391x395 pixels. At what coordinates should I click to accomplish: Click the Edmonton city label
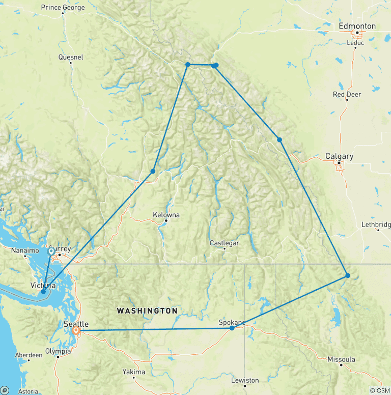[x=357, y=26]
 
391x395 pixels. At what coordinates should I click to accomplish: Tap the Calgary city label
[x=339, y=156]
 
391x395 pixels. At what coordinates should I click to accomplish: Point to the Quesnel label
[x=71, y=58]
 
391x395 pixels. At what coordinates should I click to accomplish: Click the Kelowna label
[x=166, y=215]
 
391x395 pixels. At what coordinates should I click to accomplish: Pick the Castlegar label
[x=225, y=243]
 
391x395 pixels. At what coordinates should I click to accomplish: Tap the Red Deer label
[x=347, y=94]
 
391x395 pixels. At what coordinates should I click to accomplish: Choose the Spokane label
[x=232, y=322]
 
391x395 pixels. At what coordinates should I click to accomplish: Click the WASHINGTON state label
[x=147, y=311]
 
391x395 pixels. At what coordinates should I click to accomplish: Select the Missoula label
[x=341, y=359]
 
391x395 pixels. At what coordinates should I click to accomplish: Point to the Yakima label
[x=134, y=372]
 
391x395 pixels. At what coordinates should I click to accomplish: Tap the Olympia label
[x=58, y=351]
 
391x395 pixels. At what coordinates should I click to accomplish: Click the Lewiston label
[x=245, y=380]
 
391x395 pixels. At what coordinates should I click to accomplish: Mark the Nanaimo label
[x=24, y=250]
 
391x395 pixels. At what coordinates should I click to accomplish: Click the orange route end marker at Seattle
[x=76, y=330]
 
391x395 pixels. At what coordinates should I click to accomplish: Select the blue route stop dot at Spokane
[x=232, y=328]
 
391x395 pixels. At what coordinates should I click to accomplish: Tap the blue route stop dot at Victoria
[x=43, y=292]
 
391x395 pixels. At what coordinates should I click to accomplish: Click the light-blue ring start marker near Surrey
[x=51, y=251]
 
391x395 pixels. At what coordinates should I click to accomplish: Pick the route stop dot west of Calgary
[x=280, y=139]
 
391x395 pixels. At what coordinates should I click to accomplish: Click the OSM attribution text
[x=379, y=390]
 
